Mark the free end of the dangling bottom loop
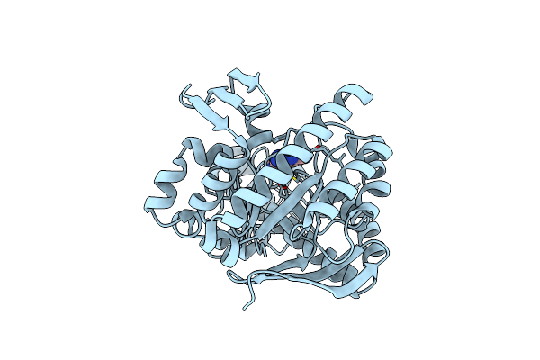(x=244, y=307)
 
